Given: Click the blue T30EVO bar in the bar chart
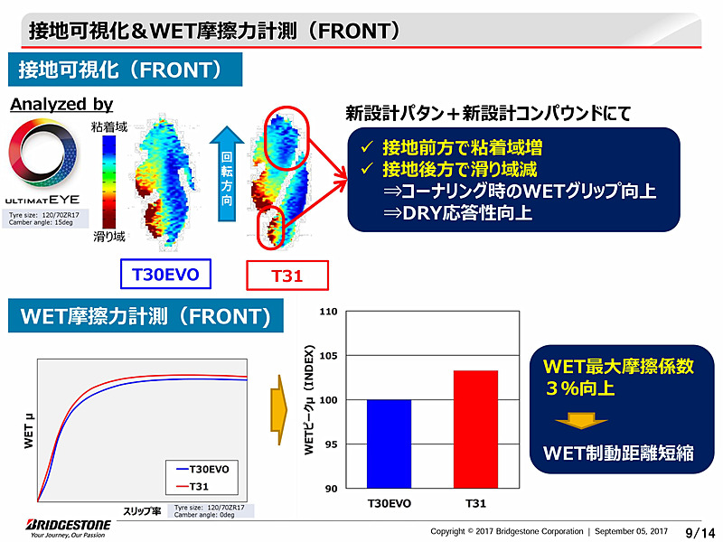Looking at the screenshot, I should pyautogui.click(x=389, y=444).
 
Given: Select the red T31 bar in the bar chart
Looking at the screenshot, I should pyautogui.click(x=475, y=429).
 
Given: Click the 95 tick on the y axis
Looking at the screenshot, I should pyautogui.click(x=331, y=444).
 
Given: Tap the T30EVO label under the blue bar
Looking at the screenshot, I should pyautogui.click(x=389, y=503).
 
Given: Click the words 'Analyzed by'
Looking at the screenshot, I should pyautogui.click(x=61, y=105).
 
